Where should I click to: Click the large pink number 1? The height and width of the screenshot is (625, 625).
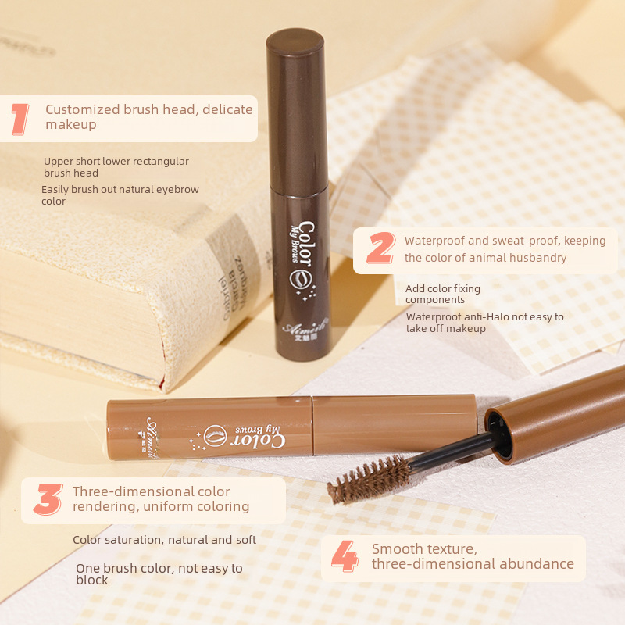point(20,119)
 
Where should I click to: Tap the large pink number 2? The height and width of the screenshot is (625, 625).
point(380,248)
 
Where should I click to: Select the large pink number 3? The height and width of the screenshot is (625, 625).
point(48,499)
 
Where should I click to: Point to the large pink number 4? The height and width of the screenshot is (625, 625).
point(345,556)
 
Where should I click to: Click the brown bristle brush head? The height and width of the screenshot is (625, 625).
point(369,480)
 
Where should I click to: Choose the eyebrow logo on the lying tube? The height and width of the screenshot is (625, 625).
point(216,436)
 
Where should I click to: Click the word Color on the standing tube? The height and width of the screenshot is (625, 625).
point(305,243)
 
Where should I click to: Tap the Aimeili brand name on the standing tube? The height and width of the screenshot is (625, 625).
point(305,327)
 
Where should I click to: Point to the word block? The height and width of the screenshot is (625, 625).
point(92,580)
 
